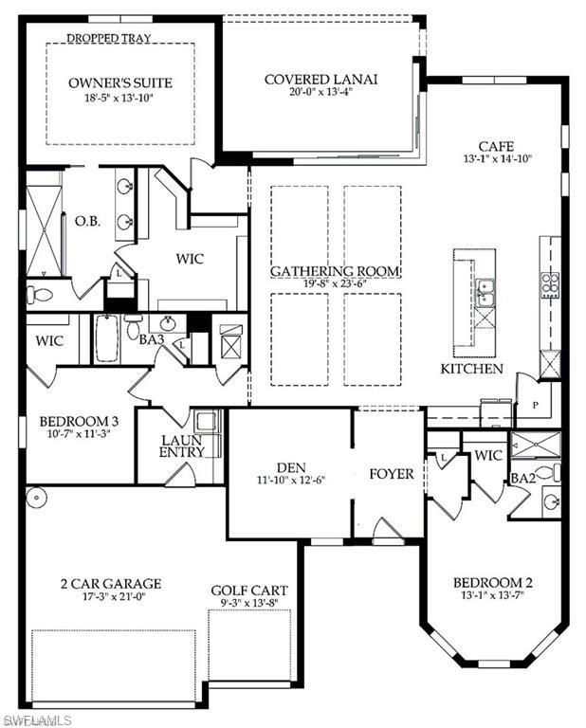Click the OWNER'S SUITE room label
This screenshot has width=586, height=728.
click(120, 83)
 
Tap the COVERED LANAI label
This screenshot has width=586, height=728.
click(320, 80)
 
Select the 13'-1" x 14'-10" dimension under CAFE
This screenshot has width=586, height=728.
click(497, 158)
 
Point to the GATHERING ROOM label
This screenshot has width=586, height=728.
click(335, 271)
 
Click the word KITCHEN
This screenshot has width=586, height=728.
click(472, 369)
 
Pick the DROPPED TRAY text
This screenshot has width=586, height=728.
click(109, 38)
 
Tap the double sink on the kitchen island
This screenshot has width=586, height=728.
click(485, 293)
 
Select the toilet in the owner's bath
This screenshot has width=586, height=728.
click(38, 295)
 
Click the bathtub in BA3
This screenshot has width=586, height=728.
click(107, 338)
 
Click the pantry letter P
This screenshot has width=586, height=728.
click(536, 405)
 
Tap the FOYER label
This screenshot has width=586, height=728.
click(392, 474)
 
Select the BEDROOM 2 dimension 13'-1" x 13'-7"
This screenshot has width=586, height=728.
click(493, 594)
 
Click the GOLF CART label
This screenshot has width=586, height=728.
click(249, 591)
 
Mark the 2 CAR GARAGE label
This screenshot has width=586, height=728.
click(111, 584)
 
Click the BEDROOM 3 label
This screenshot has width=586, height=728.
click(79, 422)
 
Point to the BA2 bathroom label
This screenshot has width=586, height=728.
click(523, 478)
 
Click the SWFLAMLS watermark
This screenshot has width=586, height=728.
click(36, 720)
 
